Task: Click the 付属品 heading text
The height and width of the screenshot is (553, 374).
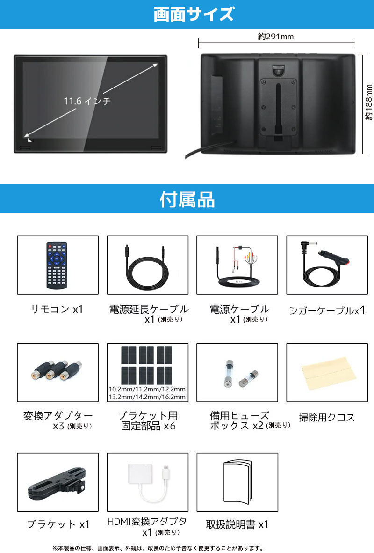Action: point(187,199)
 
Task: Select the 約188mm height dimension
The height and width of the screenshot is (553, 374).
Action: point(368,103)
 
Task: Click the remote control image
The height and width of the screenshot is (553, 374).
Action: point(57,265)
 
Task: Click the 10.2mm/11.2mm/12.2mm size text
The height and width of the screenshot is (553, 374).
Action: point(147,389)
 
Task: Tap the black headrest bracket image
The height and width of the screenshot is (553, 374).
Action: point(57,483)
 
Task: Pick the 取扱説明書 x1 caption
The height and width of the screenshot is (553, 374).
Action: point(237,524)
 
